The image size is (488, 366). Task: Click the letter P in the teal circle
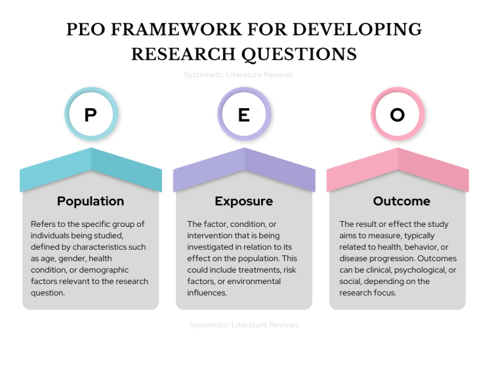pyautogui.click(x=91, y=115)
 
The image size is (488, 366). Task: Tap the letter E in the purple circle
pyautogui.click(x=244, y=115)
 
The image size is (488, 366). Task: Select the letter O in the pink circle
pyautogui.click(x=398, y=115)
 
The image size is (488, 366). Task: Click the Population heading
pyautogui.click(x=91, y=201)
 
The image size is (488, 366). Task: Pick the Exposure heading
pyautogui.click(x=244, y=201)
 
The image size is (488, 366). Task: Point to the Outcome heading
pyautogui.click(x=402, y=201)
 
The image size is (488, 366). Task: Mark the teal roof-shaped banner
pyautogui.click(x=91, y=170)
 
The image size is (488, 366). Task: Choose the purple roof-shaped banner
pyautogui.click(x=244, y=170)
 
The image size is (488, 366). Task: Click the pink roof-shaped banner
pyautogui.click(x=398, y=170)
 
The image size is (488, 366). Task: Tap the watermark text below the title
pyautogui.click(x=238, y=75)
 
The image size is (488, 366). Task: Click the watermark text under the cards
pyautogui.click(x=244, y=325)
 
